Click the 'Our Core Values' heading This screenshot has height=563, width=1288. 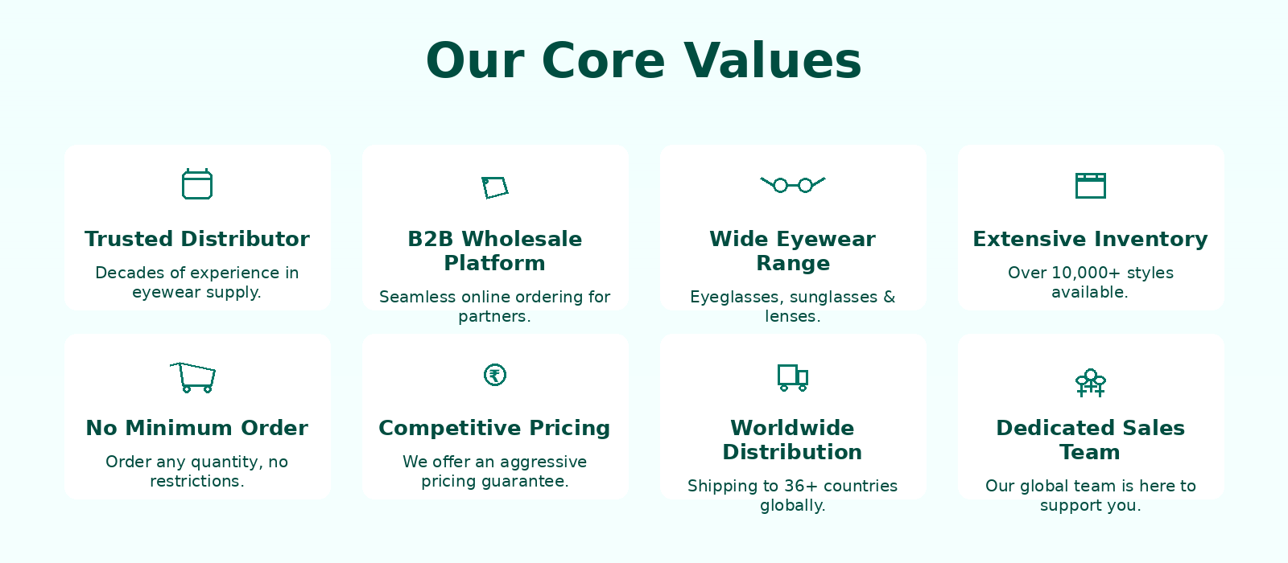point(643,61)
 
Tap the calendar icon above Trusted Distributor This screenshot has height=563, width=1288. point(197,184)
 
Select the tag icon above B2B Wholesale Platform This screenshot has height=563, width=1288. point(494,187)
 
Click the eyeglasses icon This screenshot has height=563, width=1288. point(793,185)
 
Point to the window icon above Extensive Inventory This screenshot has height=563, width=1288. point(1090,186)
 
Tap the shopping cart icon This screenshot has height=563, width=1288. point(193,377)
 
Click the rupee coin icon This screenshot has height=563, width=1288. point(494,375)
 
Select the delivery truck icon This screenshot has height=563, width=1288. point(793,377)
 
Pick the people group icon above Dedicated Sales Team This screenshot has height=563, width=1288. point(1090,383)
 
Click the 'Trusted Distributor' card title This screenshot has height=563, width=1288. point(197,239)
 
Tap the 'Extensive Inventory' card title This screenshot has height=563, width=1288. point(1090,239)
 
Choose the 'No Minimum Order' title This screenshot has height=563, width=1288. point(197,428)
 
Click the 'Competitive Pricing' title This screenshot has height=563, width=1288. point(494,429)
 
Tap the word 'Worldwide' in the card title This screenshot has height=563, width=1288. point(792,428)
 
